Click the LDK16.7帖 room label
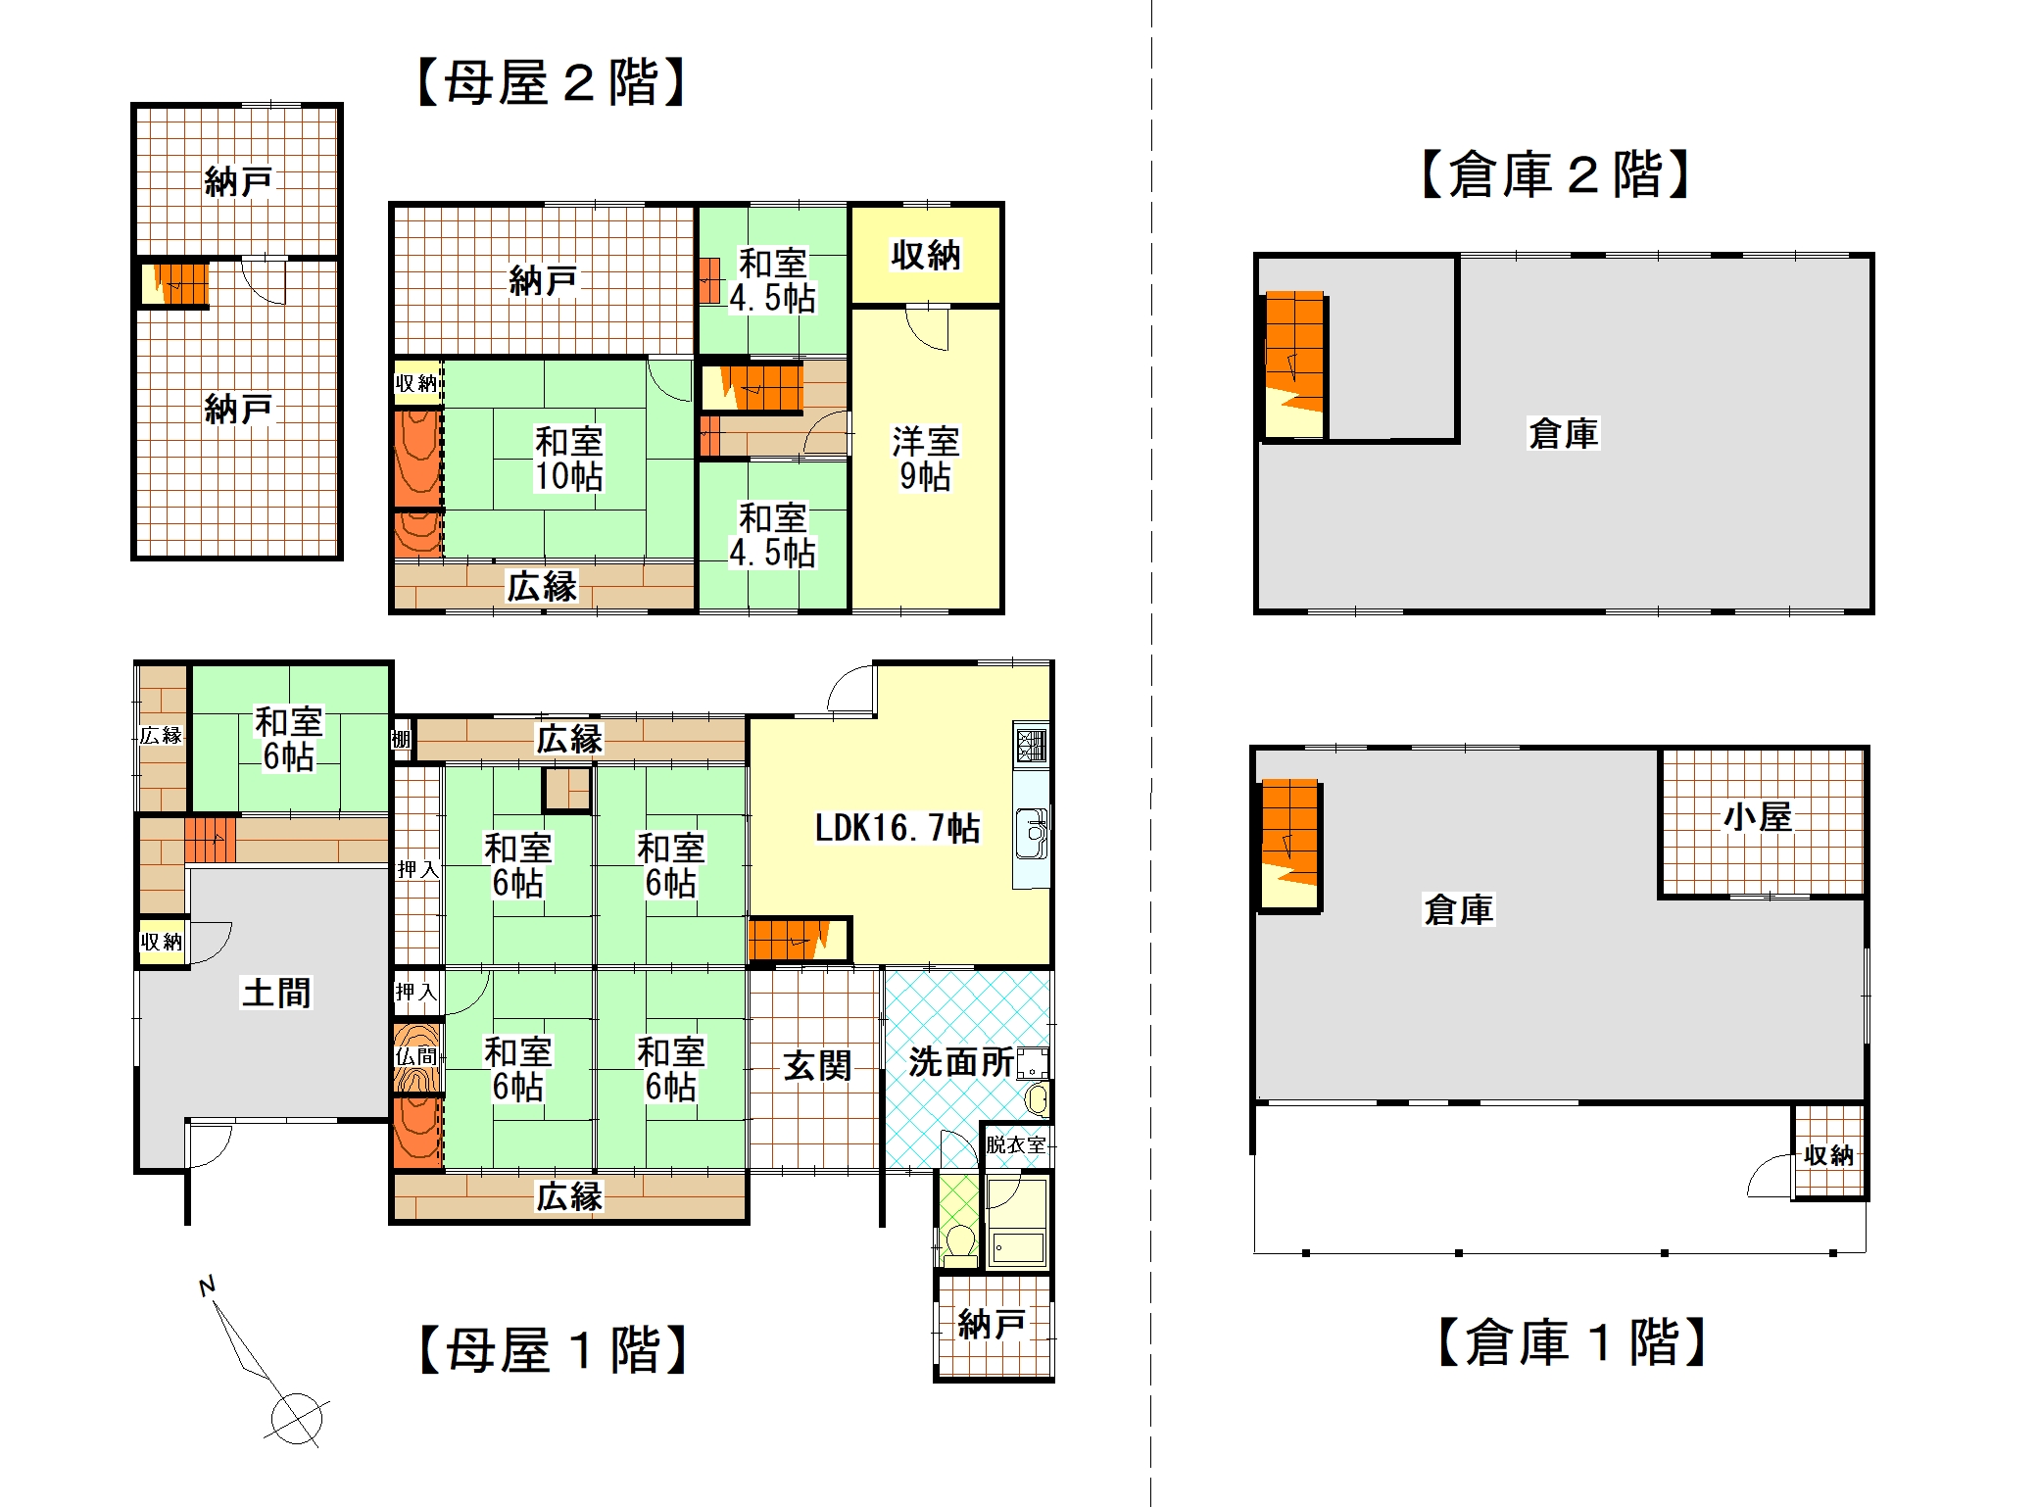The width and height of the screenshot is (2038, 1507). click(x=898, y=828)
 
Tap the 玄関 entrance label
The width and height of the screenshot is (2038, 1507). click(x=817, y=1065)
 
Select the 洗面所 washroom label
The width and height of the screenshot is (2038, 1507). click(x=961, y=1061)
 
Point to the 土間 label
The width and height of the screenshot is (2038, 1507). click(x=276, y=993)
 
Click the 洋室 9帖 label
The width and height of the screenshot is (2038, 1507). click(x=926, y=458)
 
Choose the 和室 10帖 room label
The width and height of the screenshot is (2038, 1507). click(x=568, y=458)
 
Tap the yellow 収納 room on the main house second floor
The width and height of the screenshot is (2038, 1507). click(x=926, y=256)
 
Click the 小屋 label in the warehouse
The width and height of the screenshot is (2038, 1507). click(x=1758, y=816)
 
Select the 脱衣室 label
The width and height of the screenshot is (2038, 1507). click(x=1016, y=1144)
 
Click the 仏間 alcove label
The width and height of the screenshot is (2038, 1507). click(x=416, y=1056)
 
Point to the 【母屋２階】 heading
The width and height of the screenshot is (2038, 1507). click(x=551, y=82)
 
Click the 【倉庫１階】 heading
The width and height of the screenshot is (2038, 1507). click(x=1572, y=1341)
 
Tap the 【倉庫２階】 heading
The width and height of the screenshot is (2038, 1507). click(x=1556, y=174)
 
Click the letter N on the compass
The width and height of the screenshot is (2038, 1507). click(x=207, y=1286)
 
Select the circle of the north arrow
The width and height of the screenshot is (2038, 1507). click(x=296, y=1418)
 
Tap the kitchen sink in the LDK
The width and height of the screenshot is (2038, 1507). click(x=1031, y=833)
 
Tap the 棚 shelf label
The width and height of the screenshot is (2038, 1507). click(x=401, y=739)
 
